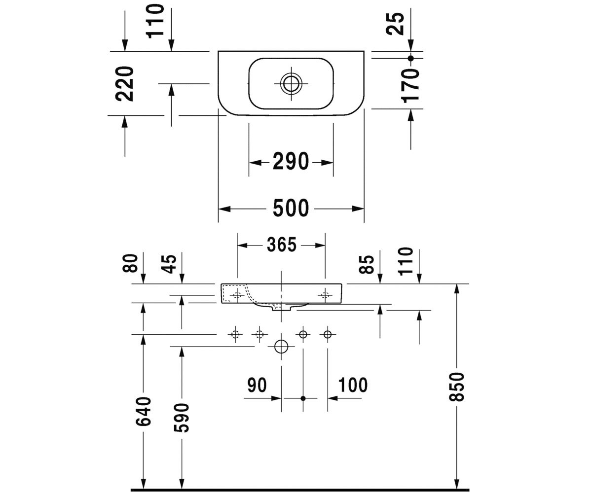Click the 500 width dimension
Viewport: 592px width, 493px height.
pyautogui.click(x=291, y=208)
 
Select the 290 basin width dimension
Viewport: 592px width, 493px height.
pyautogui.click(x=291, y=162)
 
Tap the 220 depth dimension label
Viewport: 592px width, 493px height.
pyautogui.click(x=124, y=84)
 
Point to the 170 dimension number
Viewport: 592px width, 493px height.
pyautogui.click(x=410, y=85)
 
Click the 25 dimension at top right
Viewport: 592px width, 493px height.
pyautogui.click(x=395, y=24)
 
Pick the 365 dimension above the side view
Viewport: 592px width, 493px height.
pyautogui.click(x=282, y=245)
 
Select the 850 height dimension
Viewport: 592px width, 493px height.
pyautogui.click(x=456, y=387)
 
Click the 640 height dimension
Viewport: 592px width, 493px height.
pyautogui.click(x=143, y=411)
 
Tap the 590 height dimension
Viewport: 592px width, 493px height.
pyautogui.click(x=182, y=418)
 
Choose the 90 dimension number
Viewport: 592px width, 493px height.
pyautogui.click(x=257, y=385)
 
